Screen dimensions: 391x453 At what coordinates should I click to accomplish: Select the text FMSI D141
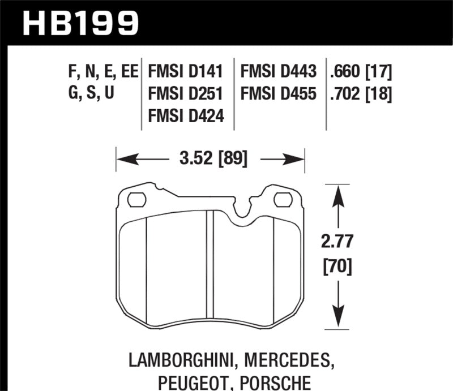coord(186,72)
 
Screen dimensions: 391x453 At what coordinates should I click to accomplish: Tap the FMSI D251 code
coord(186,94)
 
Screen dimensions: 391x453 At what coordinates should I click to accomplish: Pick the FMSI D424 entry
coord(186,115)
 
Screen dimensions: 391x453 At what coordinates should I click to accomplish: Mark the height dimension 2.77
coord(339,242)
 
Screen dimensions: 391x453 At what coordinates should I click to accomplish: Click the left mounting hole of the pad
coord(136,199)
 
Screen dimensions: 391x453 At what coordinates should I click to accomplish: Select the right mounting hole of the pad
coord(282,199)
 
